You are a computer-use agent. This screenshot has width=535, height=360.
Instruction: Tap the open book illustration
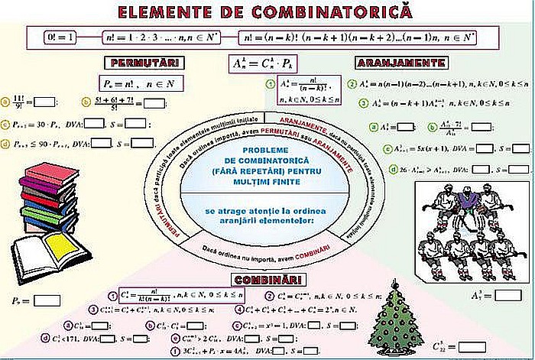click(47, 256)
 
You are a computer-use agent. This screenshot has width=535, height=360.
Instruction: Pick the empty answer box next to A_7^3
click(507, 294)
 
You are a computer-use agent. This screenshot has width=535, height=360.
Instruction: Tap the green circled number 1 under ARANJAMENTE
click(270, 84)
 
